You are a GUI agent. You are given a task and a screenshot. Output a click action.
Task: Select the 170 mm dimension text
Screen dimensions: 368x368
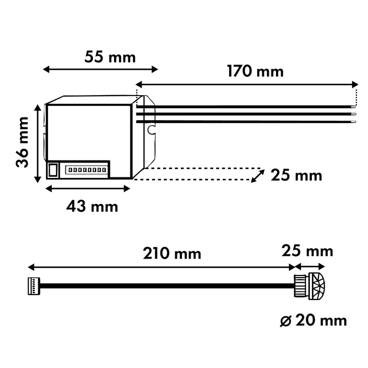[255, 71]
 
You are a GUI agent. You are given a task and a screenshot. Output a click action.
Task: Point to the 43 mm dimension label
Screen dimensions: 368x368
[92, 206]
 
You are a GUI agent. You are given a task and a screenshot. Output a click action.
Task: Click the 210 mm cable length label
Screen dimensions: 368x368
[172, 253]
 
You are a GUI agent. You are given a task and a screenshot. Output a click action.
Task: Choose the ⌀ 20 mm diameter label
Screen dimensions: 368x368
[313, 320]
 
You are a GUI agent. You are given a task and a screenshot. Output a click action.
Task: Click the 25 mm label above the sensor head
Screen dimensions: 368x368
[307, 251]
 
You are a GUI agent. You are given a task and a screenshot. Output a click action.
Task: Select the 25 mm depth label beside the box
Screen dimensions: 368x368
[296, 175]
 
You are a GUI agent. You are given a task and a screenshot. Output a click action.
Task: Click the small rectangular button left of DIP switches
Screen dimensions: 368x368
[53, 169]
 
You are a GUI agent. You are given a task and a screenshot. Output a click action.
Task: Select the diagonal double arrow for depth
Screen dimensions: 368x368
[258, 175]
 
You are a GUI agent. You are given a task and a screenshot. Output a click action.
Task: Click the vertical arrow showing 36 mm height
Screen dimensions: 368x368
[37, 143]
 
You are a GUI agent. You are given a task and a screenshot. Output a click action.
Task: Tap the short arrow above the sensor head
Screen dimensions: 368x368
[310, 266]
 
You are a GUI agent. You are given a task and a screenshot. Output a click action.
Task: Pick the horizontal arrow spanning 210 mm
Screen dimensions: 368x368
[162, 267]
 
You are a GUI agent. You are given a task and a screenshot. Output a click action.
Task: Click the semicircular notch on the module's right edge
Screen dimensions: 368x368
[151, 130]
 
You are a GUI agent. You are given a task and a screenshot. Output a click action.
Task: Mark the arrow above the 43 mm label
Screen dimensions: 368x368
[88, 189]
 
